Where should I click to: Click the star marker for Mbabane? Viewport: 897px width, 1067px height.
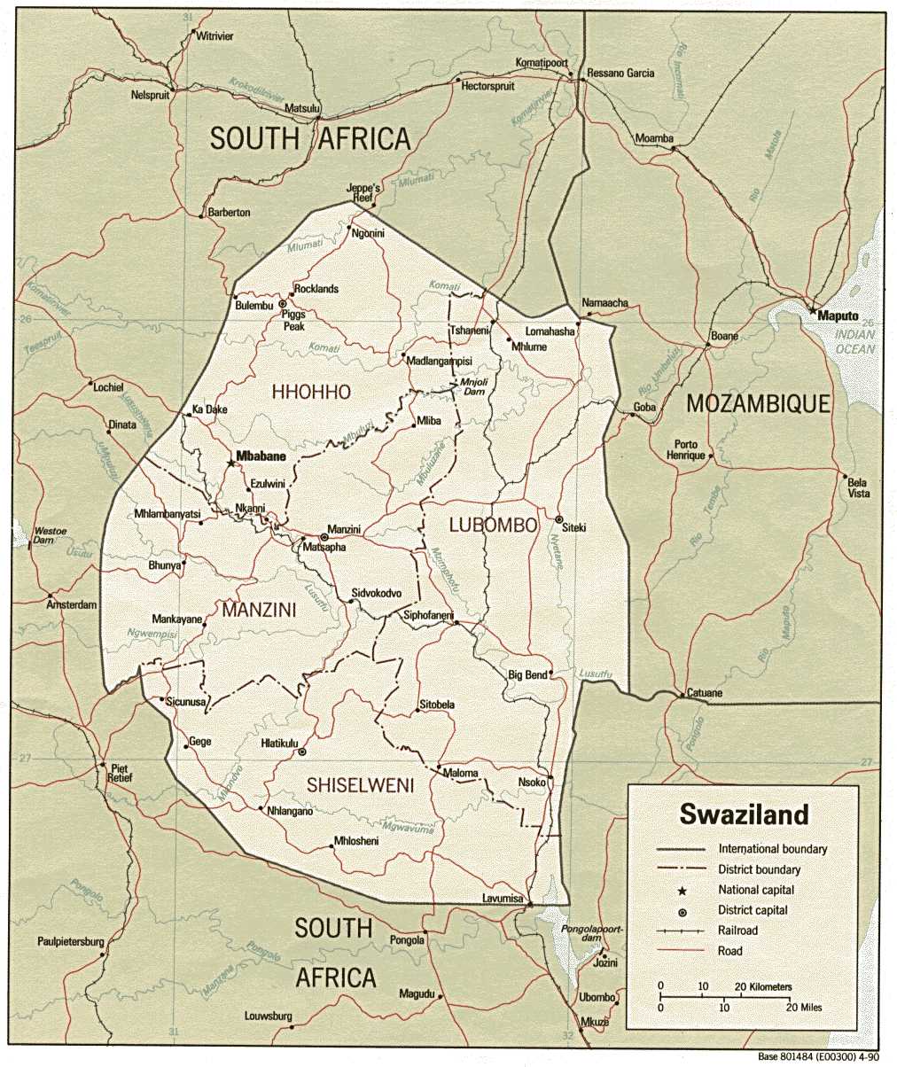(231, 463)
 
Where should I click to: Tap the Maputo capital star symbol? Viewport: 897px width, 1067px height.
(812, 311)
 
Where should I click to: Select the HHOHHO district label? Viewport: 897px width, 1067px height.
(311, 392)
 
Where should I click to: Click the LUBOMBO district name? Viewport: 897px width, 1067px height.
(493, 526)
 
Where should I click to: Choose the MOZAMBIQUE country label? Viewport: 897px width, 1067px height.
(759, 404)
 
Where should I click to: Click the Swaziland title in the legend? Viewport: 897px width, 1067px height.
(744, 814)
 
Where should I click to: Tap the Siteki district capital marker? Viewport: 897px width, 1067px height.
(559, 519)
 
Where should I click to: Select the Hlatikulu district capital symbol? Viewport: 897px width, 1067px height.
(302, 752)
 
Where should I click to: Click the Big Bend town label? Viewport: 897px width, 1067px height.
(526, 675)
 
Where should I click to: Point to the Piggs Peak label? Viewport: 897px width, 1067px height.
(292, 320)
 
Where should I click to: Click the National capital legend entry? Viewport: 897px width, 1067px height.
(756, 890)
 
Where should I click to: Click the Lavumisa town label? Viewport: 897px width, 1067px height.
(503, 900)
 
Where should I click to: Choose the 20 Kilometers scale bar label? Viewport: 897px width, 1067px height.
(755, 986)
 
